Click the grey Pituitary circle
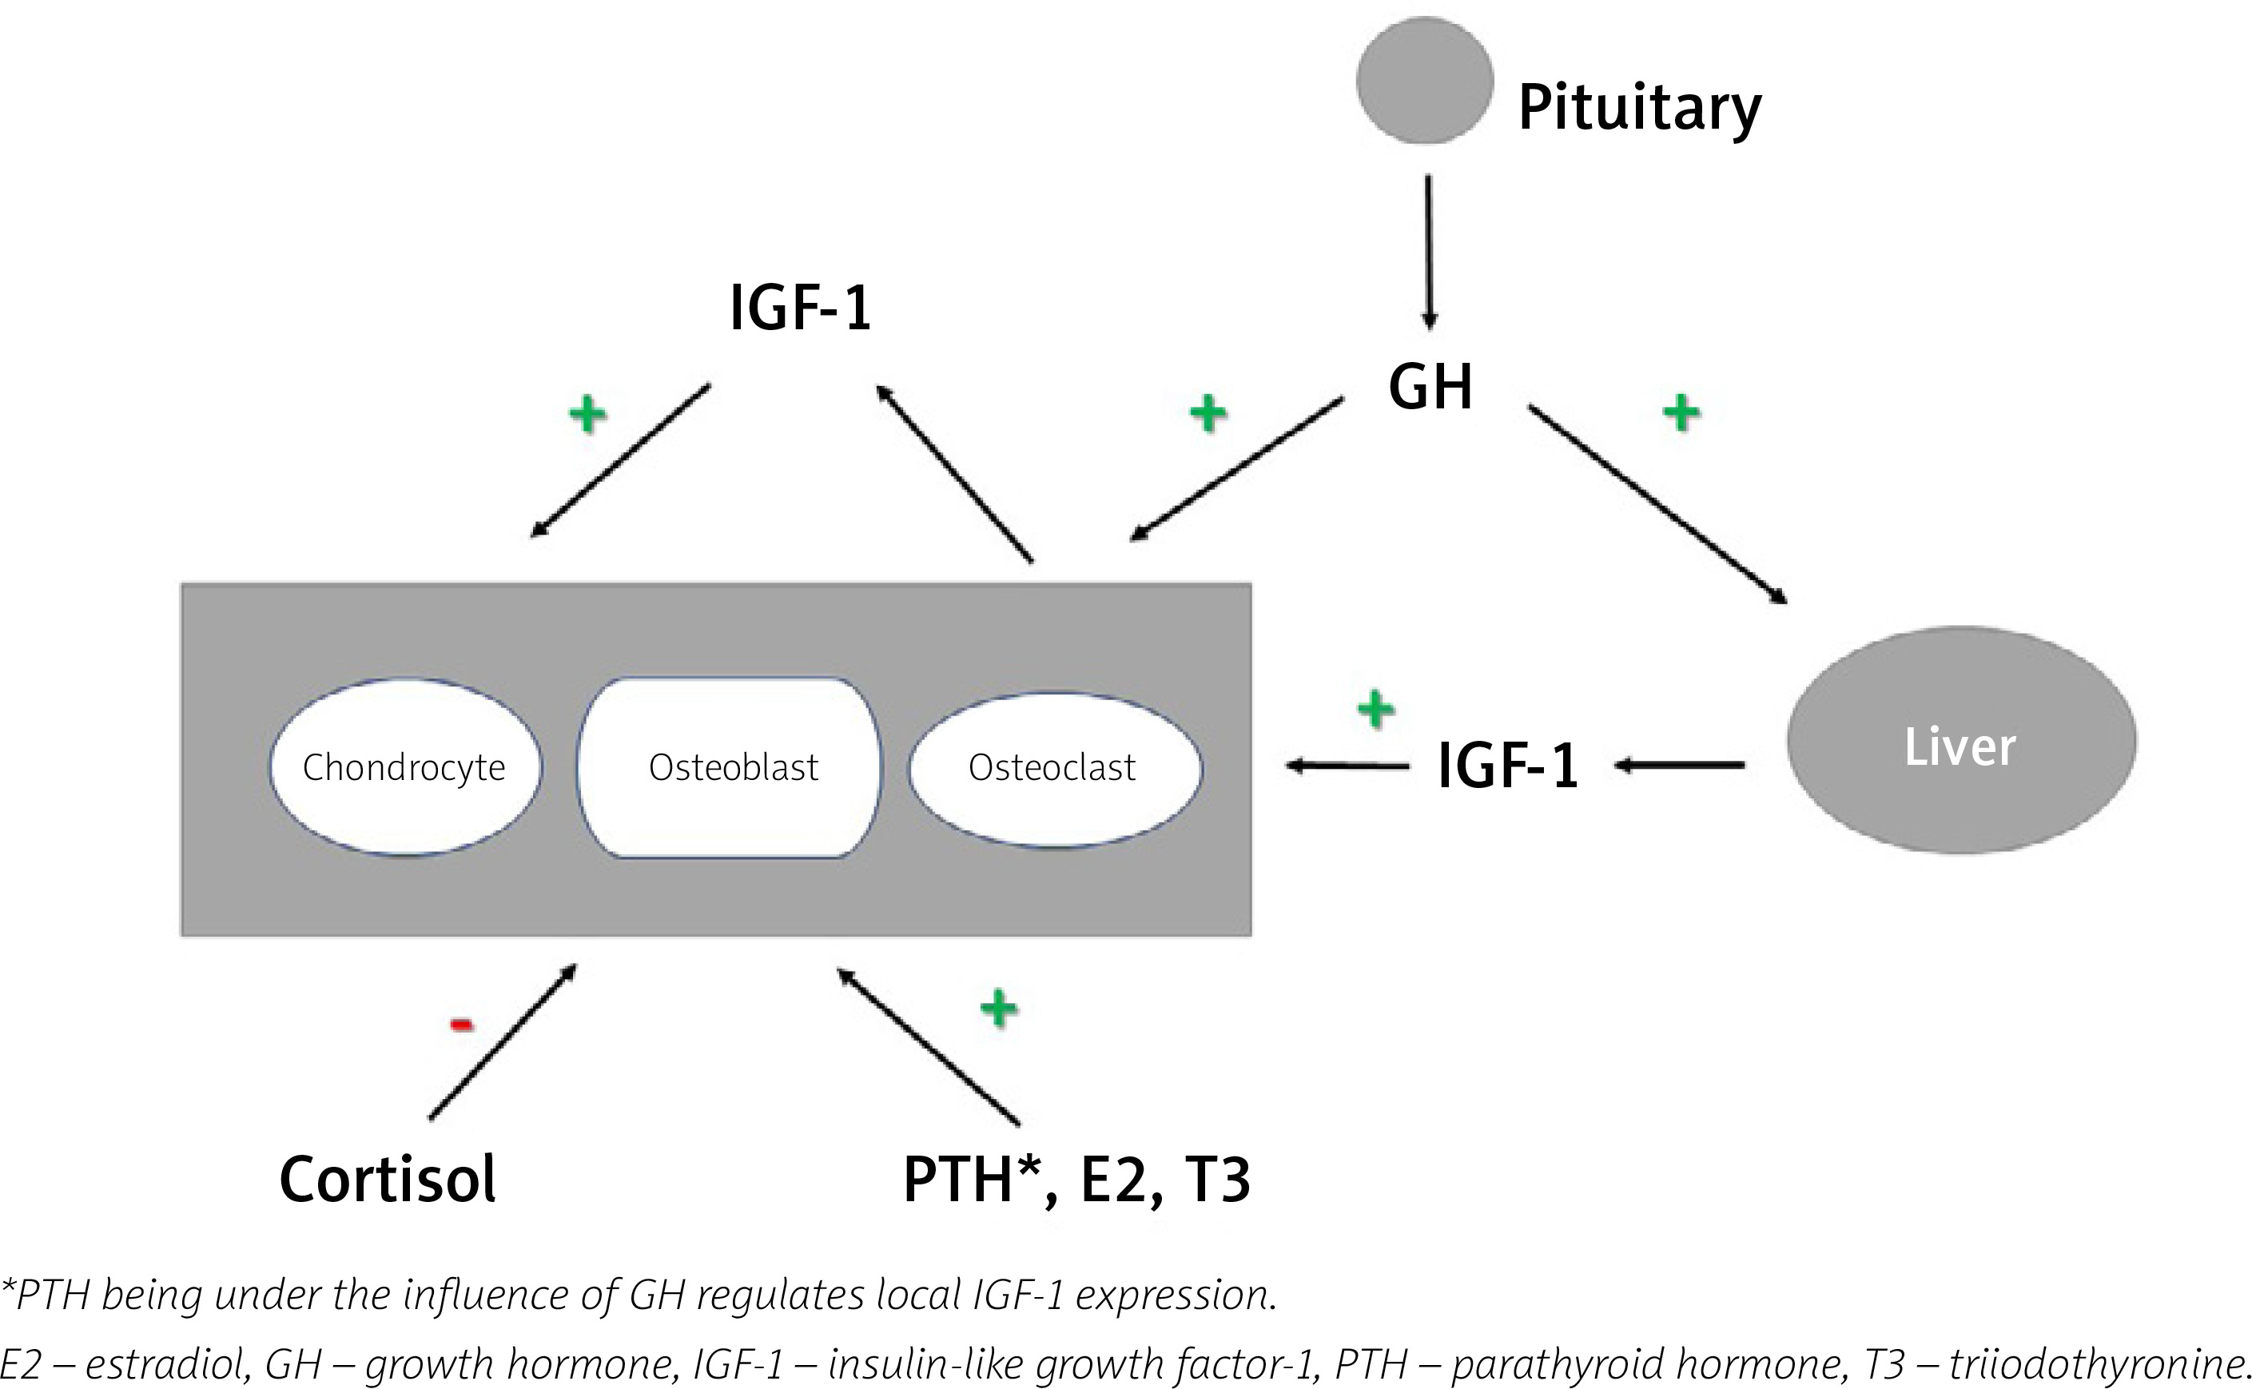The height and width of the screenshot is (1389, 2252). [1425, 81]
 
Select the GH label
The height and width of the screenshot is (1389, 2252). [1430, 387]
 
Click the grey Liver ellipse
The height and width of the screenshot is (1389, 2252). [1961, 740]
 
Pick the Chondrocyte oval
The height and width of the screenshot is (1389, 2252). [405, 767]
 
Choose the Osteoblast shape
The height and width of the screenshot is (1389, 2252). [732, 767]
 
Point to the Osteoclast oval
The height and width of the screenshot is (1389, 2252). [1053, 767]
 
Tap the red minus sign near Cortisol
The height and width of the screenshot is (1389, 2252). [462, 1025]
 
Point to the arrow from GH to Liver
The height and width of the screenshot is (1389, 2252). [1656, 503]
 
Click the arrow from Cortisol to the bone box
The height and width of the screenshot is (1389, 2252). [503, 1042]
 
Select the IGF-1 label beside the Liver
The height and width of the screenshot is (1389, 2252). [1507, 766]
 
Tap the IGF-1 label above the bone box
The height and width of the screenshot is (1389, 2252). [800, 308]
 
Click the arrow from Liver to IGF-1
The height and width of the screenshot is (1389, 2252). [1680, 764]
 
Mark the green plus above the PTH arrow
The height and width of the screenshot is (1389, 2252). [998, 1009]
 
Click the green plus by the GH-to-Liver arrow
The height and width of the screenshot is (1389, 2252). [1681, 412]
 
